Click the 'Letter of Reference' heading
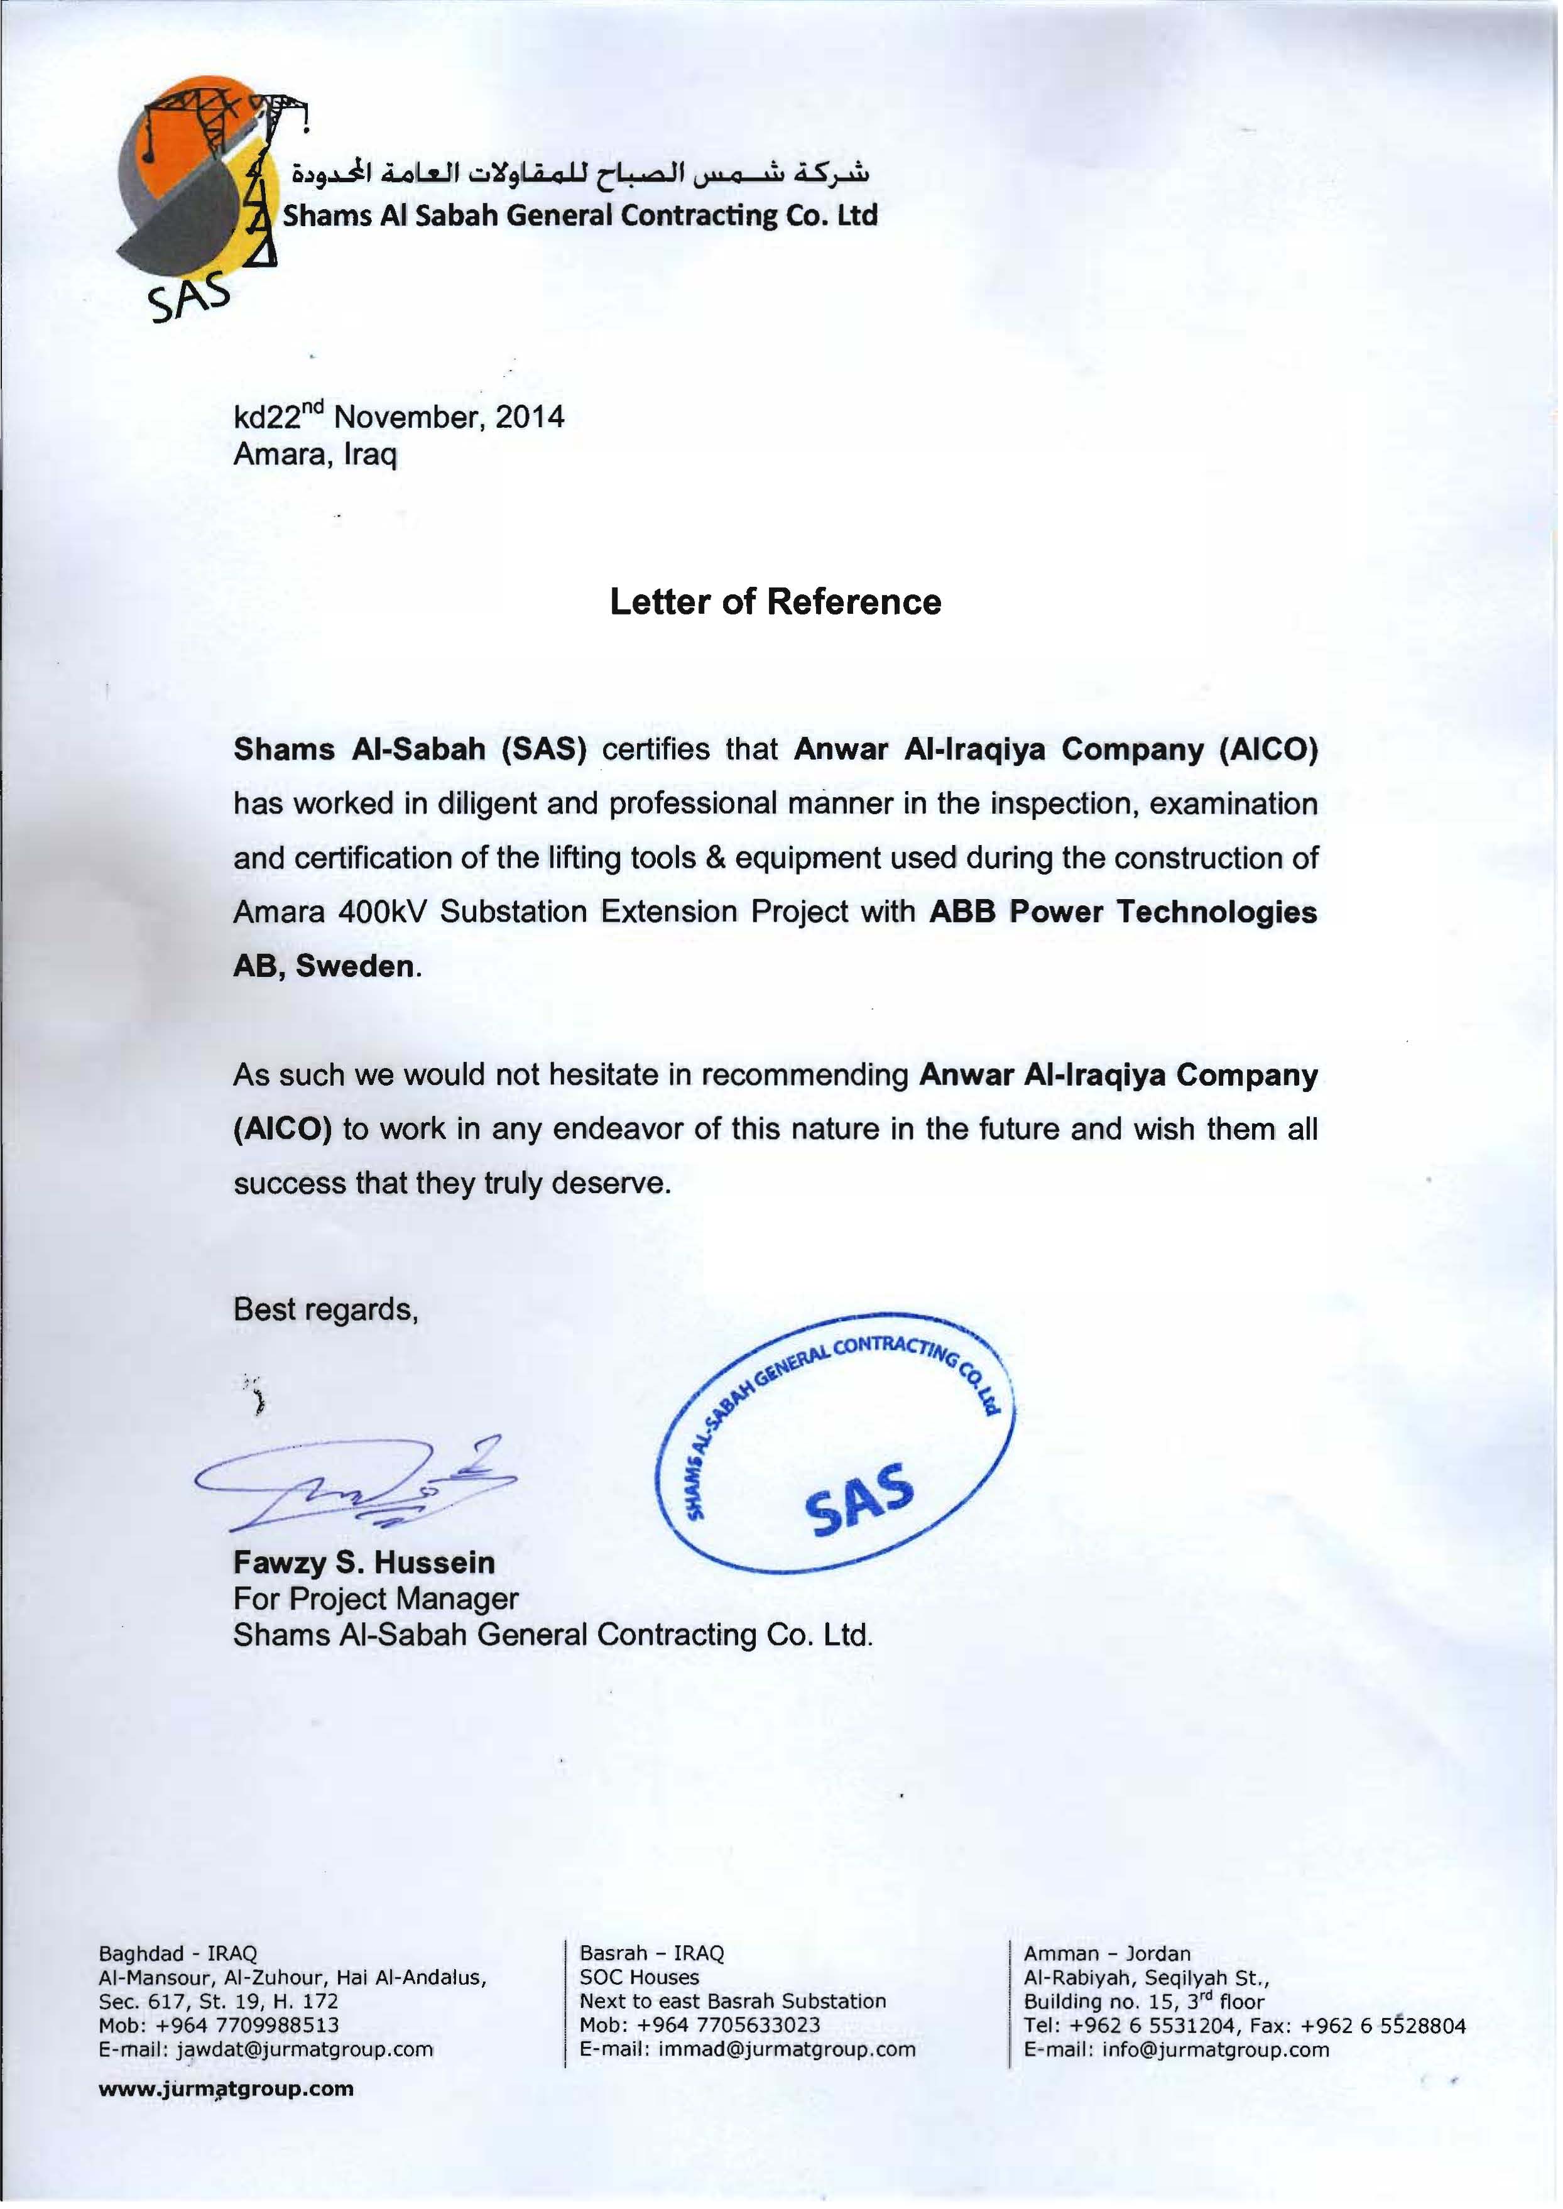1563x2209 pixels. pos(776,603)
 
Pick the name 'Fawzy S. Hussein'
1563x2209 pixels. pos(364,1562)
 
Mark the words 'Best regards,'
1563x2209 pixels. pos(325,1310)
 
